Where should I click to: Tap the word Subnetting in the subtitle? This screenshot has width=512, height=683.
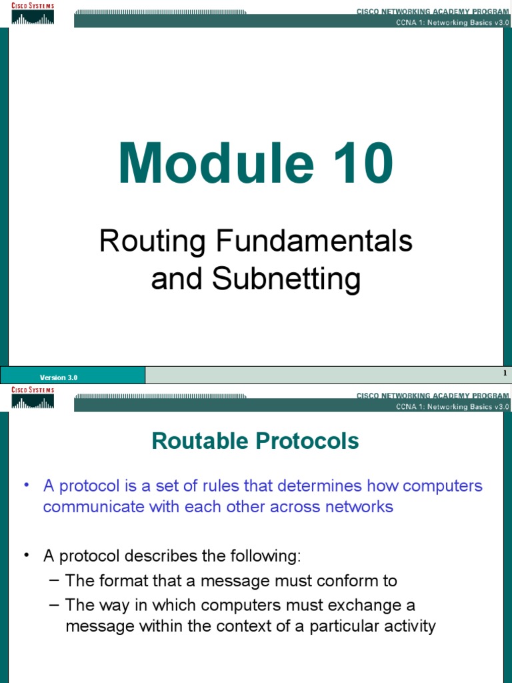tap(286, 279)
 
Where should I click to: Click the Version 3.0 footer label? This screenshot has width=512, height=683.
tap(58, 378)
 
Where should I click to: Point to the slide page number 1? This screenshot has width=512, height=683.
tap(505, 373)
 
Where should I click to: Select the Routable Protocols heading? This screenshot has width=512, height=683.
tap(255, 441)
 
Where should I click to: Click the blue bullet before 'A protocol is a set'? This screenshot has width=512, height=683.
tap(27, 485)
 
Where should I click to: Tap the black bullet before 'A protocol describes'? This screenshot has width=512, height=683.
tap(27, 556)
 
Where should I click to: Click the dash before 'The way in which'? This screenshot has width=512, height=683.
tap(55, 605)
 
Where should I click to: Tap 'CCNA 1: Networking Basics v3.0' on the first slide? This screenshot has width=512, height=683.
tap(452, 23)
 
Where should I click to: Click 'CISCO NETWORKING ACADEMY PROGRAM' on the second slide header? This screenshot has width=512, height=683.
tap(432, 396)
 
